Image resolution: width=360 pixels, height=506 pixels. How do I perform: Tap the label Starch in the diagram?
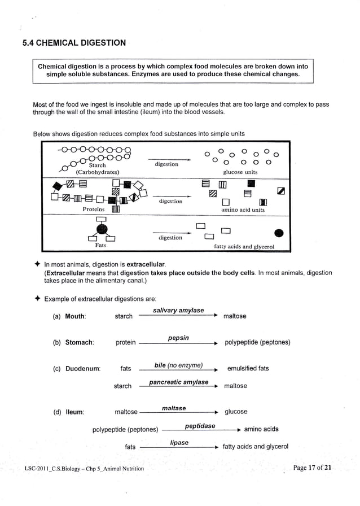[97, 165]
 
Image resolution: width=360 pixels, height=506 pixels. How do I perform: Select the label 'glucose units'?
[240, 172]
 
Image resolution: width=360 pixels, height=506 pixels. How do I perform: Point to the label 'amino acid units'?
[243, 210]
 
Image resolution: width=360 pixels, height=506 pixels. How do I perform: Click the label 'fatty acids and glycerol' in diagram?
[244, 247]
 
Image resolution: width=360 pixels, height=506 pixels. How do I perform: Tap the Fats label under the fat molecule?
[100, 246]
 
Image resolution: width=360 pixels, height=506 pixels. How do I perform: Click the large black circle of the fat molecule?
[102, 229]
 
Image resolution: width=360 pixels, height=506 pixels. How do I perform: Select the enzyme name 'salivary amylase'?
[178, 311]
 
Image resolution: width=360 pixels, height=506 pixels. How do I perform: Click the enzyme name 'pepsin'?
[178, 338]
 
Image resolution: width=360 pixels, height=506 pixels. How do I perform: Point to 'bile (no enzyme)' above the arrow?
[178, 365]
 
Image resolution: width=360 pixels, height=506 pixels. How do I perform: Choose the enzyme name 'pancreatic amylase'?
[178, 382]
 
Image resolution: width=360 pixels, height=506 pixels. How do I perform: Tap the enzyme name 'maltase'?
[174, 408]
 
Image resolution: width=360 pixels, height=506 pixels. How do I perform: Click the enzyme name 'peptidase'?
[200, 426]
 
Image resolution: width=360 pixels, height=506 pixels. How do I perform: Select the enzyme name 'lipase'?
[179, 443]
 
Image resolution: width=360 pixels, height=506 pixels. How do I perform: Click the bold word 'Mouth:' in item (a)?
[76, 317]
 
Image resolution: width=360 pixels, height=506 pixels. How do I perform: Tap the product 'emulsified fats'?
[248, 369]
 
